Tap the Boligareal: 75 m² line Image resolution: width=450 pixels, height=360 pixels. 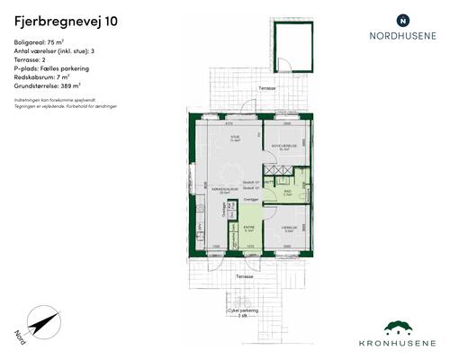click(x=40, y=43)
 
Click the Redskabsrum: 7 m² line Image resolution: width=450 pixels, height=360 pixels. click(x=44, y=76)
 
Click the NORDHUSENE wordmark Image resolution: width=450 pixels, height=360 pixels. click(x=401, y=37)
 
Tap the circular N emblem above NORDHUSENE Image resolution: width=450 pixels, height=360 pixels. click(x=402, y=19)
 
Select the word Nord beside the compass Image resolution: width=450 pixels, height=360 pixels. click(x=20, y=335)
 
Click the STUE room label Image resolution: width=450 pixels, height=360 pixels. click(x=234, y=137)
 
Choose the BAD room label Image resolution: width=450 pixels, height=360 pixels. click(x=287, y=191)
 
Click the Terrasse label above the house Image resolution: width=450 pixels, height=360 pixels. click(x=266, y=88)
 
